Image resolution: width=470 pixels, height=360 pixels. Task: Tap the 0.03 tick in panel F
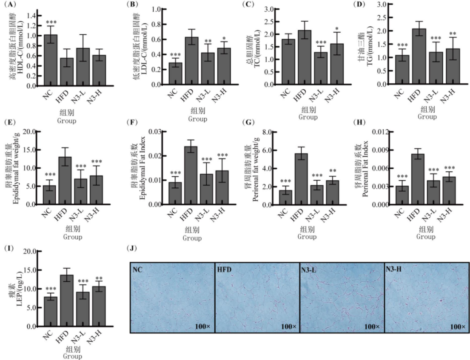coord(156,131)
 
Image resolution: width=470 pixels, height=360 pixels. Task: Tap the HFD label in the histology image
coord(225,269)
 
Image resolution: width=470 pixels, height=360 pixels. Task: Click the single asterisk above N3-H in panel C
coord(336,29)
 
